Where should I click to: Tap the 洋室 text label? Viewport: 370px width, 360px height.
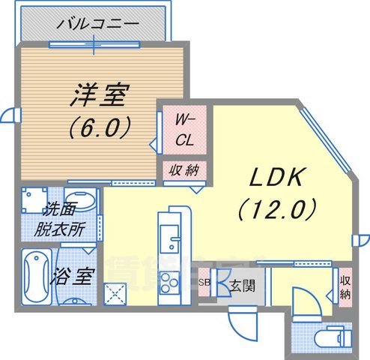(x=100, y=94)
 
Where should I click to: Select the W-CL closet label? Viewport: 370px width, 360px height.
(x=184, y=129)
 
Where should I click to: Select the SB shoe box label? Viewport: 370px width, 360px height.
(x=204, y=283)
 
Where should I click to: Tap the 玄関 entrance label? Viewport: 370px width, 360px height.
(x=240, y=285)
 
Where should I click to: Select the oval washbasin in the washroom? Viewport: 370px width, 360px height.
(x=82, y=201)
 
